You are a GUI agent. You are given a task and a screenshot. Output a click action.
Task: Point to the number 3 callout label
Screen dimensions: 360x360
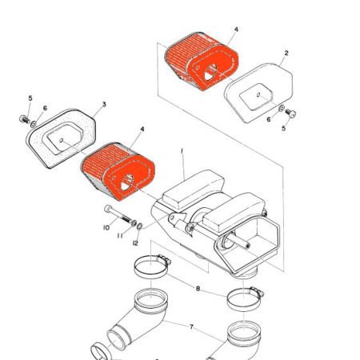click(x=104, y=105)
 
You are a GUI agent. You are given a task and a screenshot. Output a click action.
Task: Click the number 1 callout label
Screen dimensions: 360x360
click(x=182, y=150)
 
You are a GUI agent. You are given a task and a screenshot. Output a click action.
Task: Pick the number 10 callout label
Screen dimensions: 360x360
click(x=105, y=228)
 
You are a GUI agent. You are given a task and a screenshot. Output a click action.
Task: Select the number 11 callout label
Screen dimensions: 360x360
click(x=122, y=236)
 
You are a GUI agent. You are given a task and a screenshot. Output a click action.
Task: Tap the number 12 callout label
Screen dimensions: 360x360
click(x=135, y=242)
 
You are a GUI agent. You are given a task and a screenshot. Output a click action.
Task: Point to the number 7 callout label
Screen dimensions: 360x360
click(x=190, y=327)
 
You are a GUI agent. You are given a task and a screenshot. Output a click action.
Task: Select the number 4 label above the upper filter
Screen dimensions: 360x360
click(x=236, y=30)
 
